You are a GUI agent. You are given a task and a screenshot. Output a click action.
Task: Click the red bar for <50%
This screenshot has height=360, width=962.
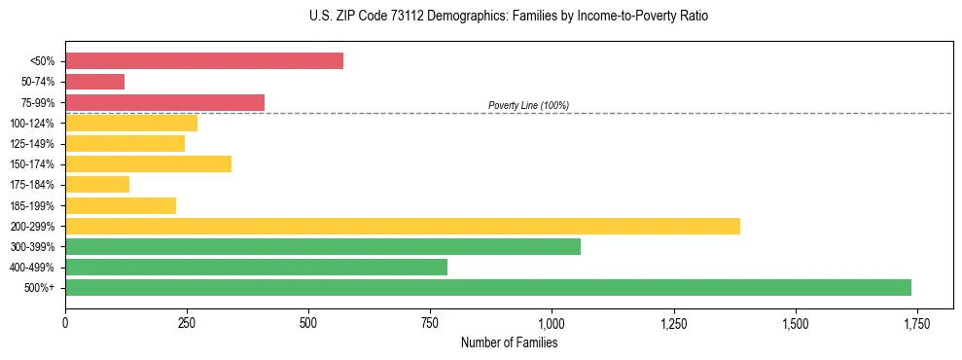click(204, 61)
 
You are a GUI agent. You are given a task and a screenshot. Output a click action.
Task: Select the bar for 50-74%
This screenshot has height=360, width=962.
click(94, 82)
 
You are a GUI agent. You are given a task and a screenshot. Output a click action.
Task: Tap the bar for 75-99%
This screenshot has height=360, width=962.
click(164, 102)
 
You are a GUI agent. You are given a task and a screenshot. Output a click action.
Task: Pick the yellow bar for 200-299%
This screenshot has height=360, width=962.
click(403, 226)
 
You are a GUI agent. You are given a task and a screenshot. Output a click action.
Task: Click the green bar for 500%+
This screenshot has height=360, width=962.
click(488, 287)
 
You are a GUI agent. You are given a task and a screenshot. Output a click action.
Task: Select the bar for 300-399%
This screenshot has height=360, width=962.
click(323, 246)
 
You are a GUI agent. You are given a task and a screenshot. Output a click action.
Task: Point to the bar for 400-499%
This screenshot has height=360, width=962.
click(256, 267)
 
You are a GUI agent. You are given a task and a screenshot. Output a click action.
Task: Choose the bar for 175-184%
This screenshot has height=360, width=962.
click(97, 185)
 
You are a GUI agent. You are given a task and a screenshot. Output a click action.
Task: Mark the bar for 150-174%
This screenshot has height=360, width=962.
click(148, 164)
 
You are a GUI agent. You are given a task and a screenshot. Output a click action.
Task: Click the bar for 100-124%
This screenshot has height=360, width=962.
click(131, 124)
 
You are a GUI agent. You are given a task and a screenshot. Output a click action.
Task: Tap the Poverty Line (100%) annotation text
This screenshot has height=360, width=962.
click(528, 105)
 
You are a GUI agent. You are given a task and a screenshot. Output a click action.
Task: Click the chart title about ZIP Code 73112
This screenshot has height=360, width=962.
click(481, 17)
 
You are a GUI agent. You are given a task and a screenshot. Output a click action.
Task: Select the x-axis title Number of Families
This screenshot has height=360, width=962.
click(509, 342)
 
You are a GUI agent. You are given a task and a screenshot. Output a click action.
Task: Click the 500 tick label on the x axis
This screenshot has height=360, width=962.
click(308, 324)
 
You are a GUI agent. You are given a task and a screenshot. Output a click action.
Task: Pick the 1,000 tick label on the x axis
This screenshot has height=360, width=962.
click(552, 324)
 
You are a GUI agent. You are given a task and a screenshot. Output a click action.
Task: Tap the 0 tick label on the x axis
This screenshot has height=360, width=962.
click(65, 324)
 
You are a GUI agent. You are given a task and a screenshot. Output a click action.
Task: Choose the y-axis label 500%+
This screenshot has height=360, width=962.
click(40, 288)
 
